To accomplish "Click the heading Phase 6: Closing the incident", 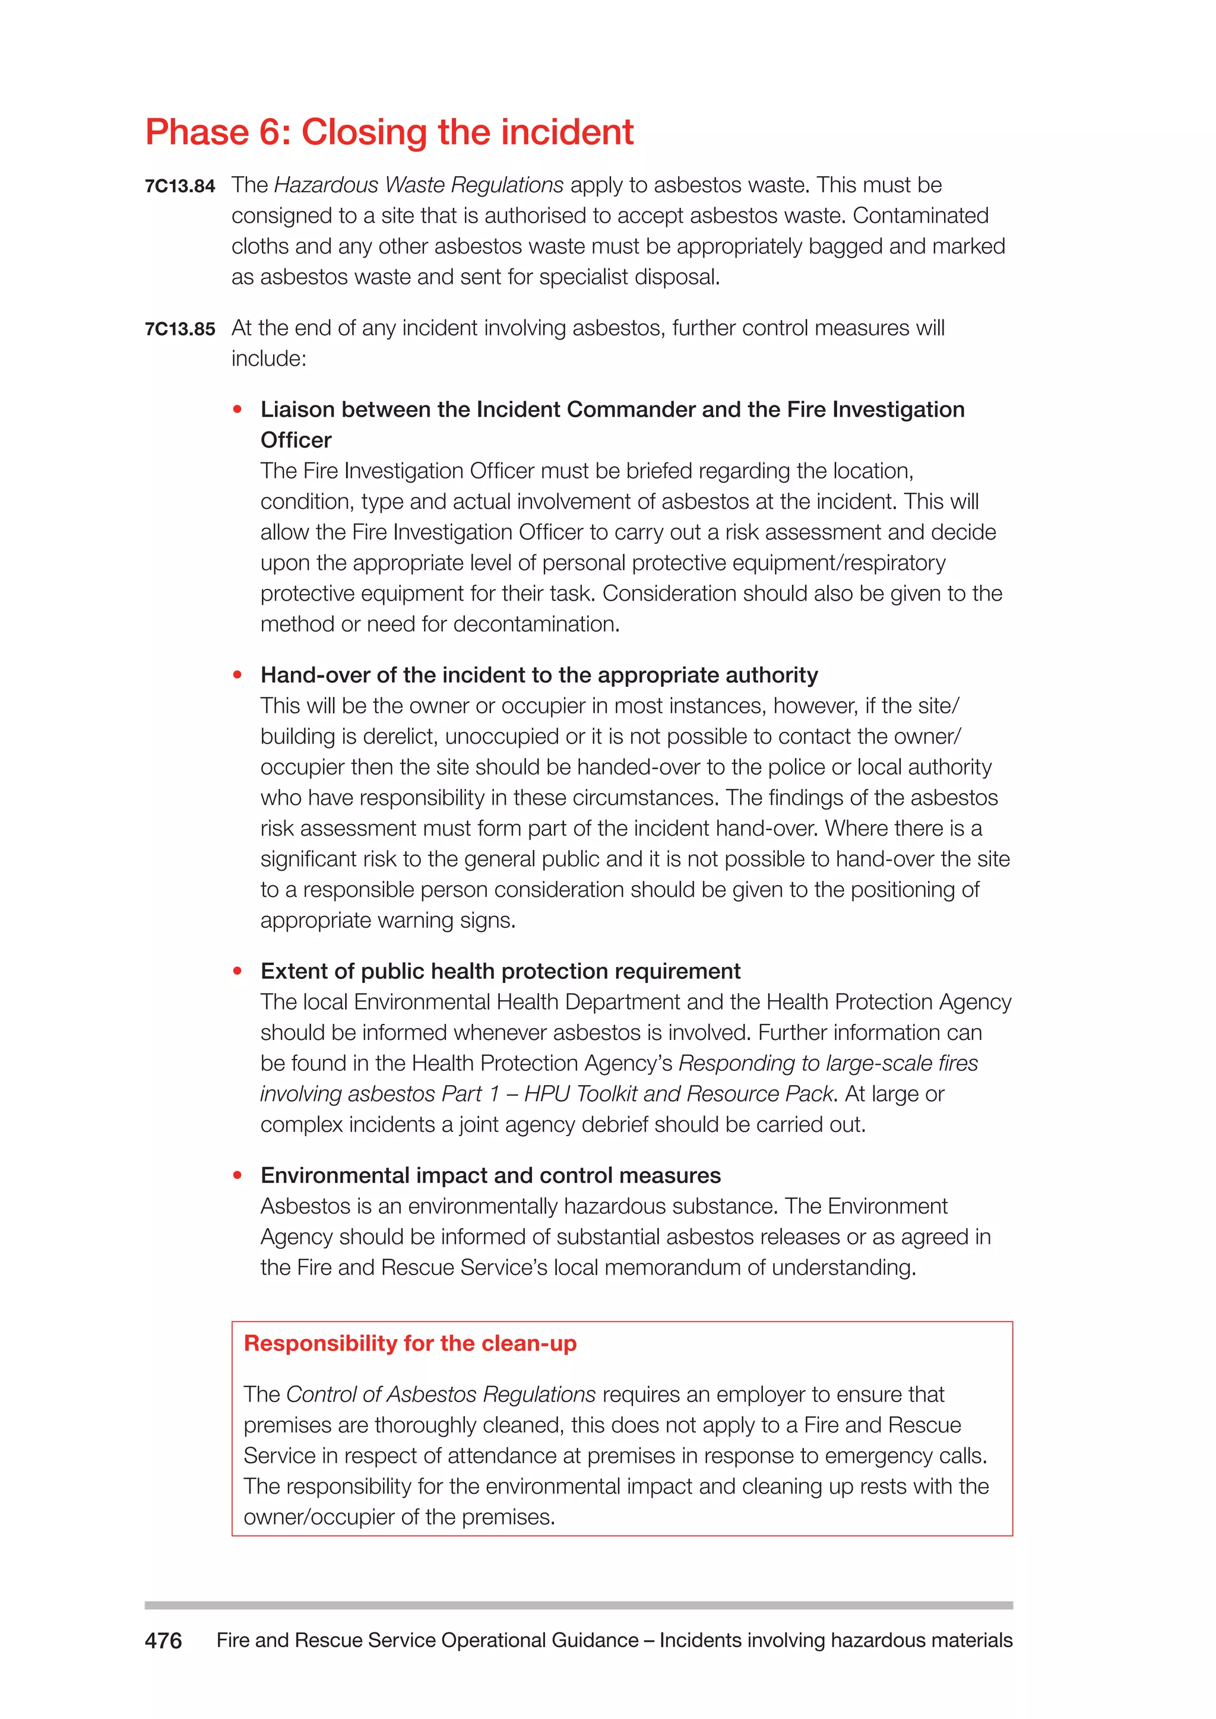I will [x=389, y=132].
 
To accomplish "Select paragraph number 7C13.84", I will [x=180, y=186].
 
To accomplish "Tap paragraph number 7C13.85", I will [x=180, y=329].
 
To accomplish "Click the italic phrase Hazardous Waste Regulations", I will [x=419, y=185].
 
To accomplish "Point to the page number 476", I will [x=163, y=1641].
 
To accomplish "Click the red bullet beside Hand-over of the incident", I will [x=237, y=674].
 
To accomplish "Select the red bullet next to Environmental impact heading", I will [x=237, y=1175].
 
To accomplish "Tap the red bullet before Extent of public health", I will [x=237, y=971].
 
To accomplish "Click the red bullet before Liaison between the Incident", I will [x=237, y=409].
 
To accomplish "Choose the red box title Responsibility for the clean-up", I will [x=410, y=1343].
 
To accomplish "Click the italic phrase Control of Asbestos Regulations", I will [x=441, y=1394].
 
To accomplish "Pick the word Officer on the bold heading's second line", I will [x=296, y=440].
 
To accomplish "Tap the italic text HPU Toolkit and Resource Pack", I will [x=679, y=1094].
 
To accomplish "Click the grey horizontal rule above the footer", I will [x=578, y=1605].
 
